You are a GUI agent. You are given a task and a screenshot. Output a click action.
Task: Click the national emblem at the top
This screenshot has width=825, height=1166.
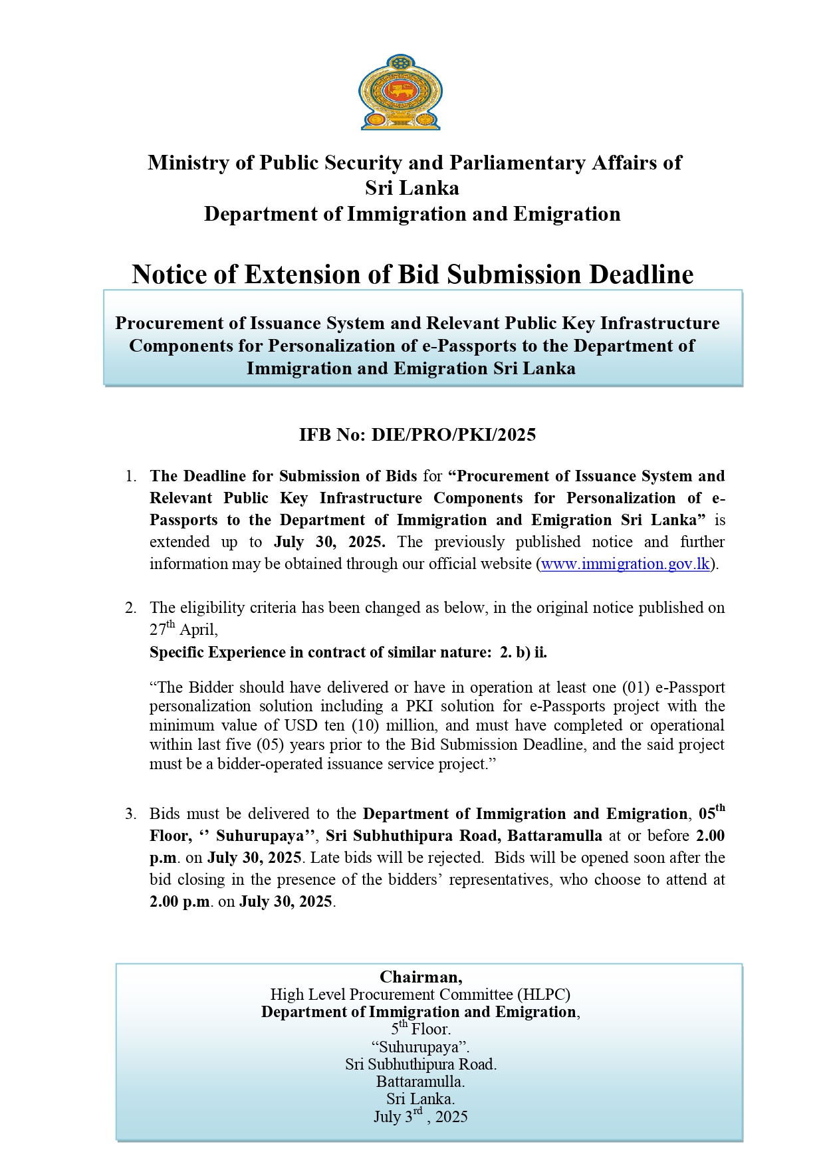click(x=400, y=92)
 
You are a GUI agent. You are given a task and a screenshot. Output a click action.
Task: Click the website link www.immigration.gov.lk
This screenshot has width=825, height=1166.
click(x=626, y=564)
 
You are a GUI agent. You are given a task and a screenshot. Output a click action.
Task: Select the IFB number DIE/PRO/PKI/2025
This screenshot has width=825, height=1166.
click(x=453, y=435)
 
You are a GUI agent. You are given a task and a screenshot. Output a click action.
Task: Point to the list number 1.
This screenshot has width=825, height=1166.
click(x=130, y=477)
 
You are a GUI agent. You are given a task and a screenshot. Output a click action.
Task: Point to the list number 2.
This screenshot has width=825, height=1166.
click(x=130, y=608)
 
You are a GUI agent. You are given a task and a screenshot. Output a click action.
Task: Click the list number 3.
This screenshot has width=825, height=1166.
click(x=130, y=814)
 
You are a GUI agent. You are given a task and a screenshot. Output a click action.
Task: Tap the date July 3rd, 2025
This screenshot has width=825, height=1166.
click(x=420, y=1116)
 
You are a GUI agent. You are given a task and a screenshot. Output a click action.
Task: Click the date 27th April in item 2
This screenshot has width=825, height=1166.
click(x=183, y=629)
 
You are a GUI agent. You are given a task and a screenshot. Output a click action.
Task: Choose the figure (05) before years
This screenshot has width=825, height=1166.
click(x=271, y=745)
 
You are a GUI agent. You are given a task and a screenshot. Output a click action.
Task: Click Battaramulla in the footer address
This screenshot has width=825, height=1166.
click(x=420, y=1082)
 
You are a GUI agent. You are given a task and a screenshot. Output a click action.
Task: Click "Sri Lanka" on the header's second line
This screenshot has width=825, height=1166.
click(x=412, y=188)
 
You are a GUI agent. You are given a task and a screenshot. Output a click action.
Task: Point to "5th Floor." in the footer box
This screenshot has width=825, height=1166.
click(x=420, y=1029)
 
